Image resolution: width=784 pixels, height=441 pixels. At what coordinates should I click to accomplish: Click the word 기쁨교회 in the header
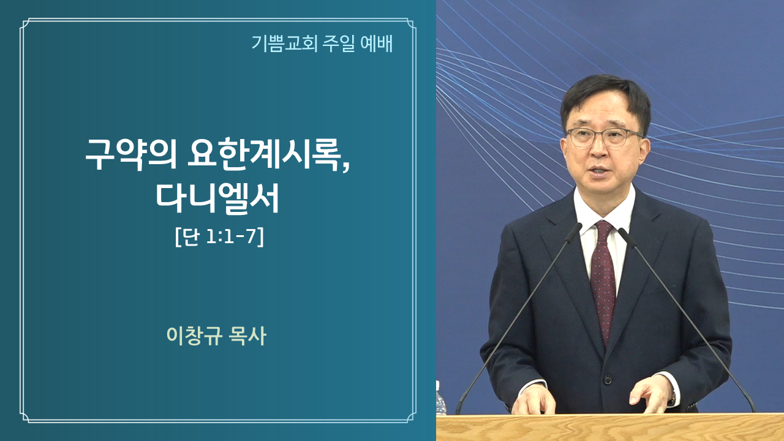coord(284,43)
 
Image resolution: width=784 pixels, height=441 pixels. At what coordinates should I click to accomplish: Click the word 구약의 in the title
coord(130,154)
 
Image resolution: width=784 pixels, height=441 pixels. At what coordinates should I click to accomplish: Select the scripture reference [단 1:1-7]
coord(219,237)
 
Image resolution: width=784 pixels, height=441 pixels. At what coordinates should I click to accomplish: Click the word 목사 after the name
coord(247,336)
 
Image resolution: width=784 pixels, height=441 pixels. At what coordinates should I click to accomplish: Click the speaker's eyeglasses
coord(605,137)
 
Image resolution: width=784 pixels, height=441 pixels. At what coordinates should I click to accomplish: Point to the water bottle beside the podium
coord(440,398)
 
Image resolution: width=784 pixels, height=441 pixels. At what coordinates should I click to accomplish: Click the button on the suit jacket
coord(608,379)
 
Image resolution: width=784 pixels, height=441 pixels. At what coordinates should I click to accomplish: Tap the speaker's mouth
coord(600,170)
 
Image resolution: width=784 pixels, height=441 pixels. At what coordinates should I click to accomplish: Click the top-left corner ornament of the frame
coord(25,23)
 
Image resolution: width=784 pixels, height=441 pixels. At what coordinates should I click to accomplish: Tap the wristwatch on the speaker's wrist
coord(673,398)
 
